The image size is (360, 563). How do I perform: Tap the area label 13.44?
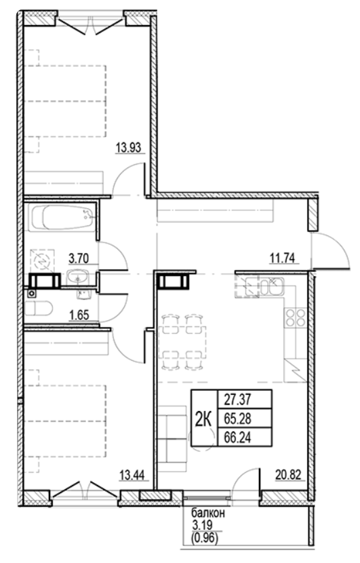pyautogui.click(x=132, y=475)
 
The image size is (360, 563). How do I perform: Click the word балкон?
pyautogui.click(x=205, y=514)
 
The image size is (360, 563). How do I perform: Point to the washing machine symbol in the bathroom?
pyautogui.click(x=42, y=259)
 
